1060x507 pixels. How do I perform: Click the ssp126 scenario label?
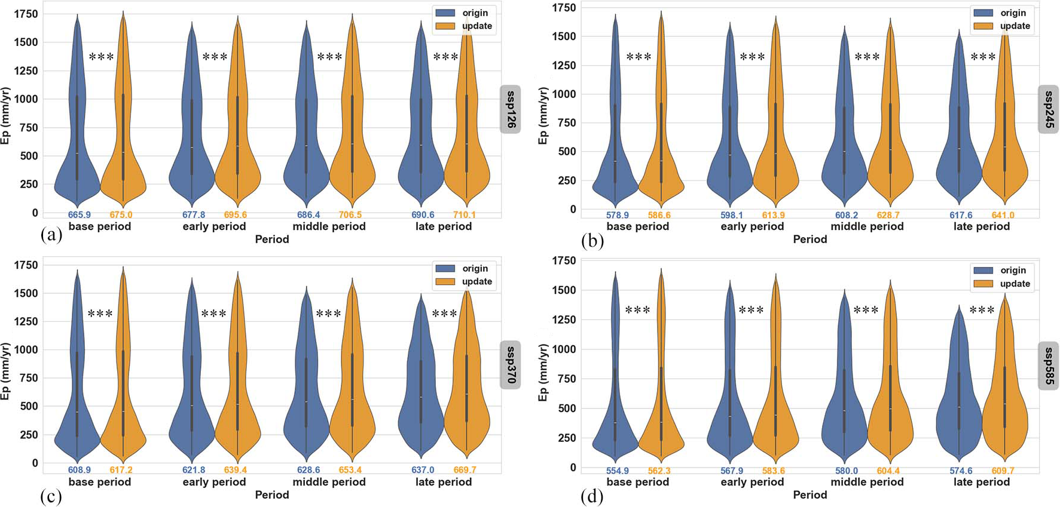(511, 109)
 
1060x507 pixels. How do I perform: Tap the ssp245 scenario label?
(1049, 109)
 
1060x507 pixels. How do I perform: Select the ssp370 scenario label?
(511, 364)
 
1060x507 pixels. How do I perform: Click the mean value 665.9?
(80, 215)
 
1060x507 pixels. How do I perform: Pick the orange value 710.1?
(465, 215)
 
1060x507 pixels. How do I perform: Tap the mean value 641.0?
(1003, 215)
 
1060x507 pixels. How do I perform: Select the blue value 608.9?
(80, 470)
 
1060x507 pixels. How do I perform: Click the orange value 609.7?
(1003, 471)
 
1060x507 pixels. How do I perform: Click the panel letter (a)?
(51, 235)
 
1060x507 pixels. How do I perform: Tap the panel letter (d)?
(591, 496)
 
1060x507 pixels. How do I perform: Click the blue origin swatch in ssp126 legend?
(445, 13)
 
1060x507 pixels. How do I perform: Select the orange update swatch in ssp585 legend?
(983, 284)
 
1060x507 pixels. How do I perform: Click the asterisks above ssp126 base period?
(101, 57)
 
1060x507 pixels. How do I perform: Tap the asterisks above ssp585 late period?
(982, 311)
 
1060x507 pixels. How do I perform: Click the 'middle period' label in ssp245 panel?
(867, 226)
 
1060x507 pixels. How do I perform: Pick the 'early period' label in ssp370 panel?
(214, 482)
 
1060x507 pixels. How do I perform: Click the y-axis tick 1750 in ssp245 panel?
(565, 8)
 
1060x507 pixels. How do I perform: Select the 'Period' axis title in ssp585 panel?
(810, 494)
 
